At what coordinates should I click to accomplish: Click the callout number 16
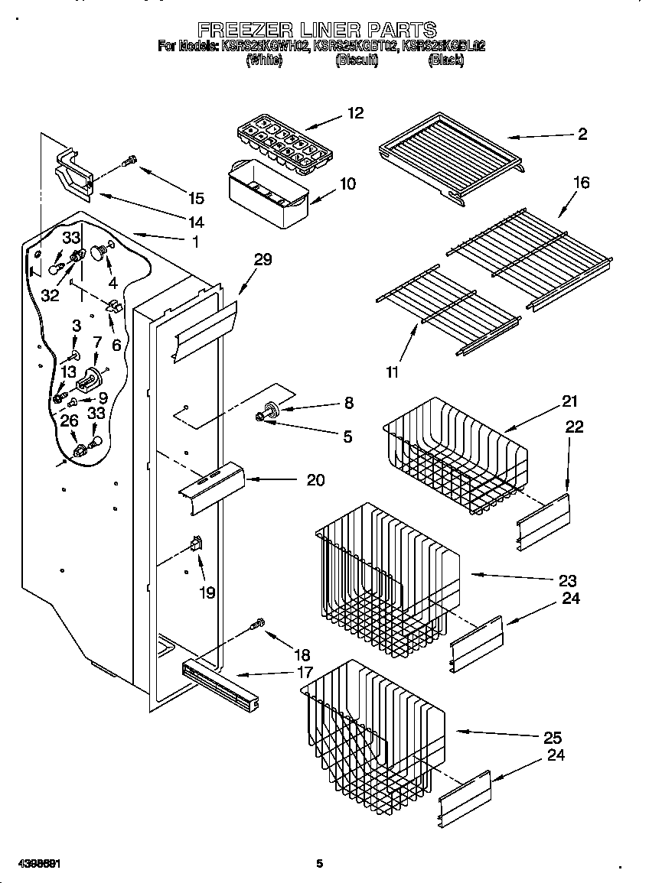click(x=581, y=183)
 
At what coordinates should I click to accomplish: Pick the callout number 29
click(x=263, y=260)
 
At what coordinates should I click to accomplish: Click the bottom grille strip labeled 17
click(x=220, y=681)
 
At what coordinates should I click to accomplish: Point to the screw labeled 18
click(x=259, y=625)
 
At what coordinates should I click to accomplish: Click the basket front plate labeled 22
click(x=544, y=521)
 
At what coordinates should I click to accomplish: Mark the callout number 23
click(x=567, y=580)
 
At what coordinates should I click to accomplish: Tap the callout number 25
click(x=552, y=738)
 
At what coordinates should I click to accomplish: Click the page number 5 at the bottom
click(x=320, y=864)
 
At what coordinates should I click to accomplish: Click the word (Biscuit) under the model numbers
click(x=356, y=60)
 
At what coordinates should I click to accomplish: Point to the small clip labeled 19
click(x=195, y=545)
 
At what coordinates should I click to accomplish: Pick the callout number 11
click(x=392, y=372)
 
